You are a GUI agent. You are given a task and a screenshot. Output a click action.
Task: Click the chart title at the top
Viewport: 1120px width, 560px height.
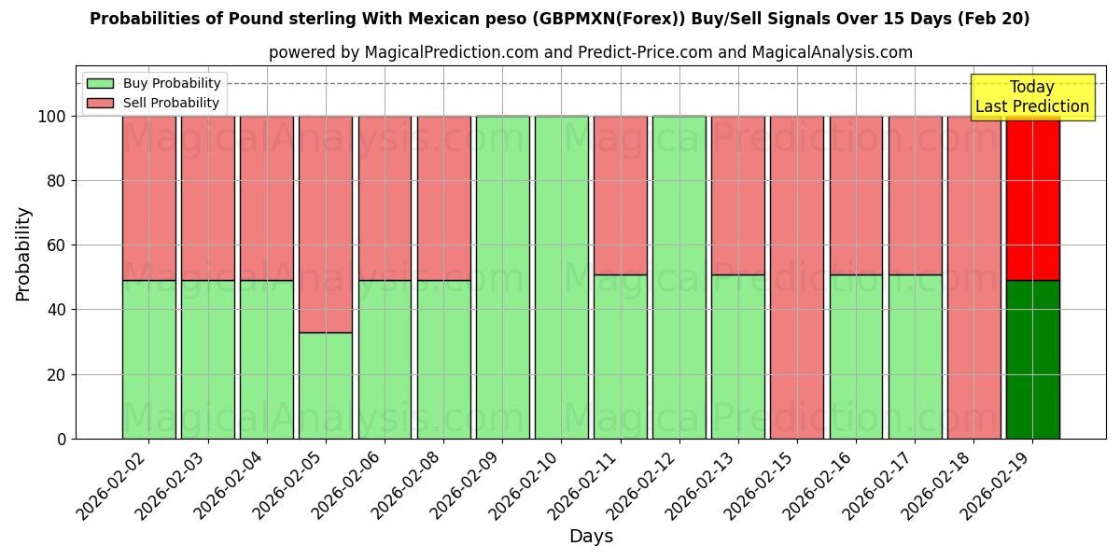tap(560, 19)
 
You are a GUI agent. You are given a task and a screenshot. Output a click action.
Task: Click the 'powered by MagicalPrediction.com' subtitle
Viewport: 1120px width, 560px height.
tap(590, 52)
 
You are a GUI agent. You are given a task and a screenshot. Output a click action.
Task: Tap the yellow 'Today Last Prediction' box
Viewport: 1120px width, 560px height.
tap(1031, 97)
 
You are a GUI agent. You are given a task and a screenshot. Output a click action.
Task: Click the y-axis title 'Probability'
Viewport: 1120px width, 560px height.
tap(23, 254)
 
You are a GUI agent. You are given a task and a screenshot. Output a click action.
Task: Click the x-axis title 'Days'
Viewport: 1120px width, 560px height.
tap(591, 537)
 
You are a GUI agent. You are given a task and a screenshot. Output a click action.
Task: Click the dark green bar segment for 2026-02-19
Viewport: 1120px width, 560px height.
tap(1032, 359)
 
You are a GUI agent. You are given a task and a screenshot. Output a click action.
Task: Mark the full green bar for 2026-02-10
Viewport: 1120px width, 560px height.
tap(561, 277)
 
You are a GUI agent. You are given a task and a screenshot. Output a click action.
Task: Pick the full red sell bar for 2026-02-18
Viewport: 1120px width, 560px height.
tap(973, 277)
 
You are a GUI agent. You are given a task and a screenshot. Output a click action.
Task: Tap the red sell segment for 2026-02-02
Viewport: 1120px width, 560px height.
tap(148, 198)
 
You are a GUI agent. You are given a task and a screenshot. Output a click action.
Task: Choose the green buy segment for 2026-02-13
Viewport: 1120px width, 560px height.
tap(737, 357)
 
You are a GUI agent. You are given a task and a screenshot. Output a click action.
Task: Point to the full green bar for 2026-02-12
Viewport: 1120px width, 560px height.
tap(679, 277)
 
